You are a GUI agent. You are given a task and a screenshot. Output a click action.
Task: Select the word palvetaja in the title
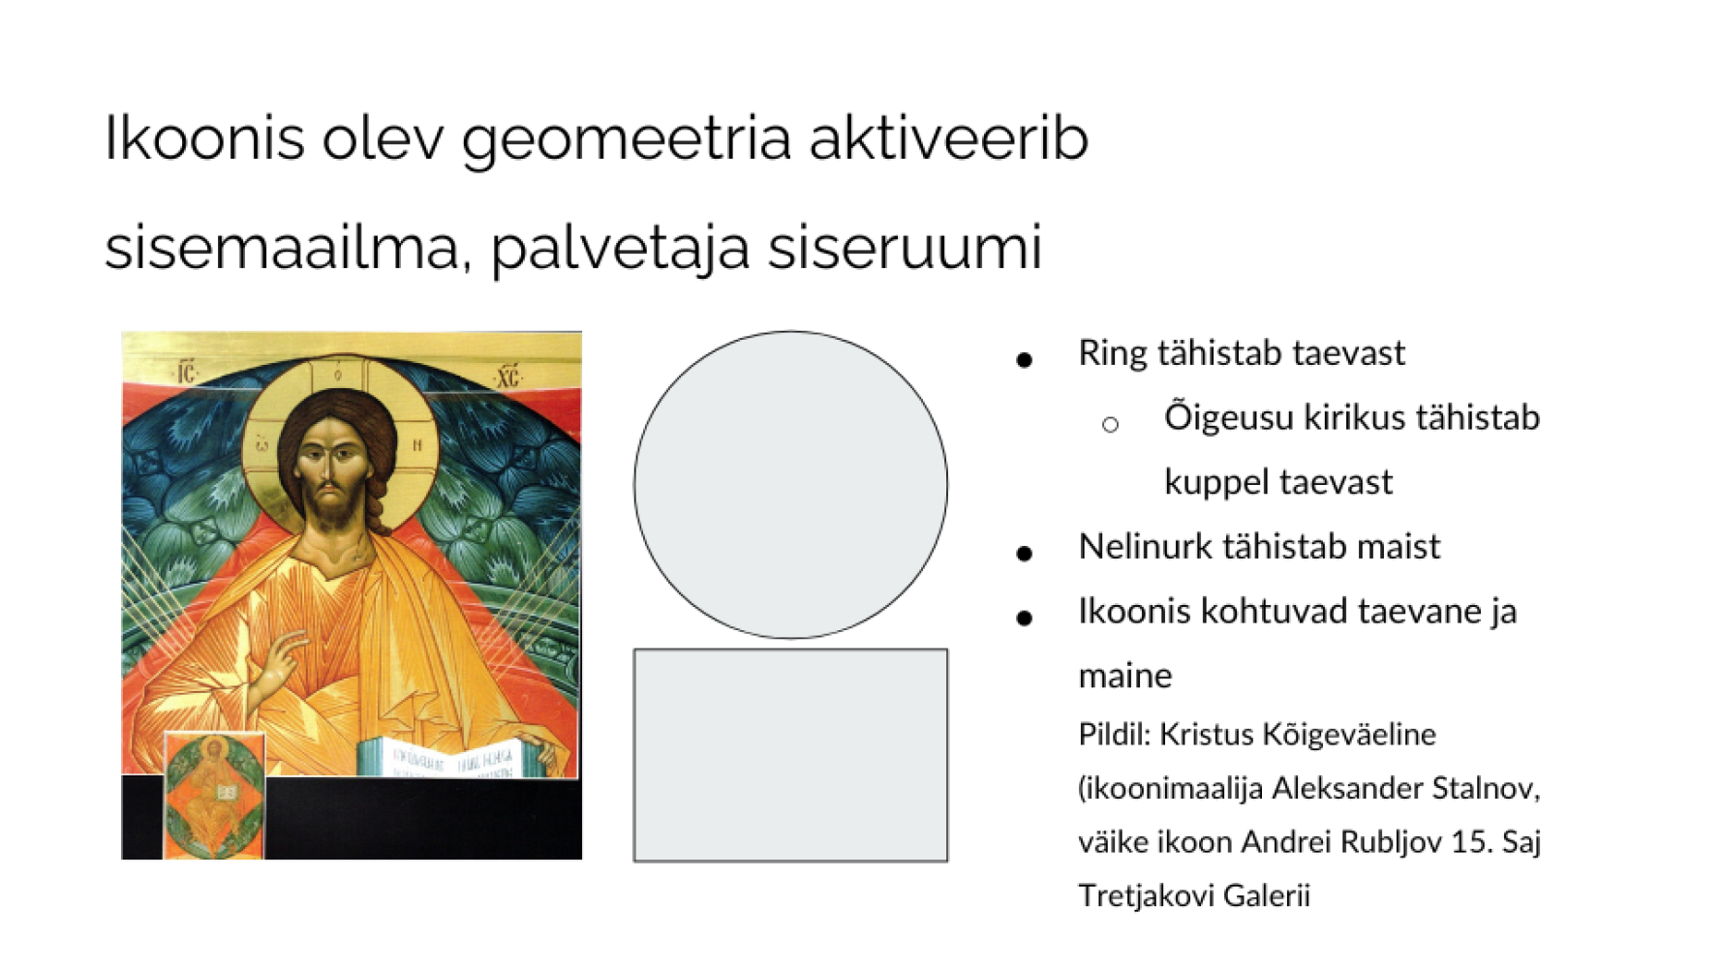(x=621, y=248)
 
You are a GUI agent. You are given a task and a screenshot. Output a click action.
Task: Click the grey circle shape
(x=790, y=484)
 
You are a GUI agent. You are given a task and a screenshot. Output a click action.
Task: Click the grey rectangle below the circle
(x=790, y=755)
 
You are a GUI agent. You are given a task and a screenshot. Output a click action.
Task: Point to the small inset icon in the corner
(x=214, y=795)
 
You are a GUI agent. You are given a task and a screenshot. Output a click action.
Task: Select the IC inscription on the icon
(x=184, y=372)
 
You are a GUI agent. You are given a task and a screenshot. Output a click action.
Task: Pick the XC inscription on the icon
(x=507, y=376)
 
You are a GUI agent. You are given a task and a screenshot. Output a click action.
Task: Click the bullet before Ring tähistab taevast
(x=1025, y=360)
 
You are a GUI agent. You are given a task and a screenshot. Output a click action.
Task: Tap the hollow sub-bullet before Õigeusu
(x=1110, y=424)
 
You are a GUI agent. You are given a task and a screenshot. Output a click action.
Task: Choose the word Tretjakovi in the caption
(x=1146, y=895)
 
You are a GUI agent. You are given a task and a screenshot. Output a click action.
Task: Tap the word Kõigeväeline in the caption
(x=1298, y=735)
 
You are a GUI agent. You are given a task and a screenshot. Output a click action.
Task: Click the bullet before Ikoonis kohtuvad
(x=1025, y=618)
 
